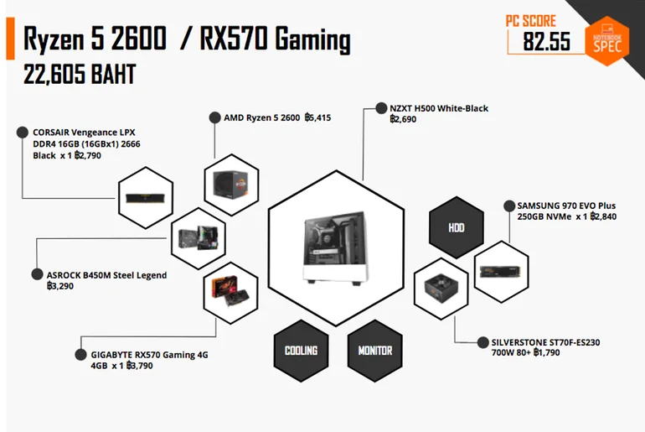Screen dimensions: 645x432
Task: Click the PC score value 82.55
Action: tap(547, 41)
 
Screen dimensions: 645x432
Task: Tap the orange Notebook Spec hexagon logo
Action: tap(607, 41)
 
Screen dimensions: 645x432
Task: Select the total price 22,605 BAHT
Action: tap(80, 75)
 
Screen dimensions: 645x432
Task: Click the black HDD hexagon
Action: tap(457, 227)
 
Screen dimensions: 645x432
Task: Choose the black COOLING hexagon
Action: tap(301, 351)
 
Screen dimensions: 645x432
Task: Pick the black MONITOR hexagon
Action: tap(374, 351)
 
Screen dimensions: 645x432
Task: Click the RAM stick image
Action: tap(146, 198)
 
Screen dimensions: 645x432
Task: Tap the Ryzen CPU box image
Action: tap(230, 185)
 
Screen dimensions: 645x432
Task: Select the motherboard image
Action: tap(199, 238)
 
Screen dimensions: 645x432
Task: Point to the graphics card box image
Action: tap(230, 292)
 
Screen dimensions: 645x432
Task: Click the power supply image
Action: tap(441, 288)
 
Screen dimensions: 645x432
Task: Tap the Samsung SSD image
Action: tap(501, 272)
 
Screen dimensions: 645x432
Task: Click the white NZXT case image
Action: tap(335, 247)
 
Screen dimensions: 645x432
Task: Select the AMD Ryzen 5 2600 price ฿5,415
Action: tap(317, 117)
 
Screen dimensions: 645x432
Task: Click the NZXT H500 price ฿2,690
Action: tap(403, 119)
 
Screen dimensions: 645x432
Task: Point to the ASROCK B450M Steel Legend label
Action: tap(106, 275)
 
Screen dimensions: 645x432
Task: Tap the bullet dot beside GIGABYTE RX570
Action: tap(80, 355)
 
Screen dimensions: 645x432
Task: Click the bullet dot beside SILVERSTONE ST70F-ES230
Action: tap(483, 342)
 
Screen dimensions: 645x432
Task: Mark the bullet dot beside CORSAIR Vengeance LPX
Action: tap(23, 133)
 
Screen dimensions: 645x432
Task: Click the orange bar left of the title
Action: tap(10, 39)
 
